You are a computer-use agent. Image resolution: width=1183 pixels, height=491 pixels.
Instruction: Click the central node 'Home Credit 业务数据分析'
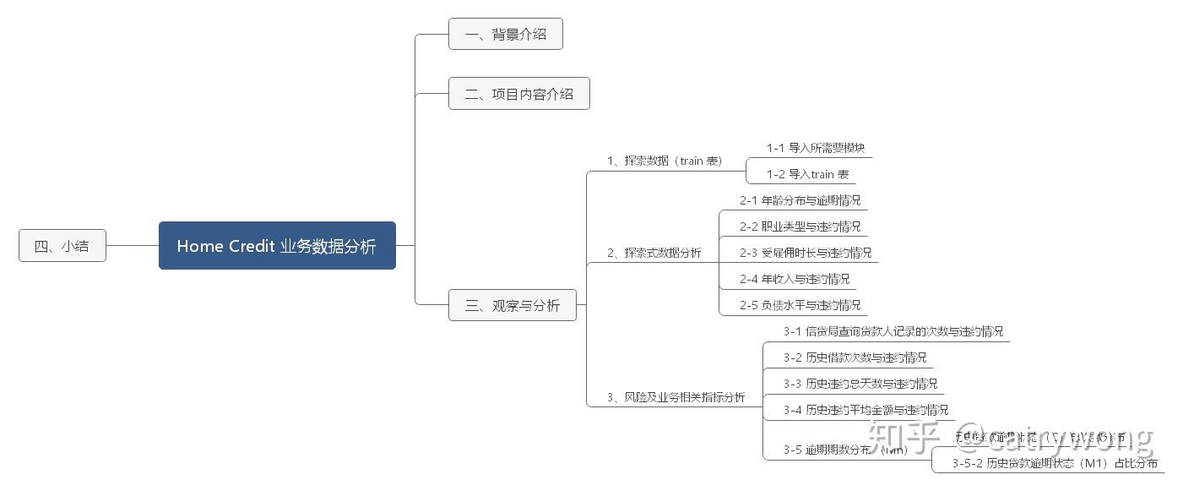click(x=277, y=246)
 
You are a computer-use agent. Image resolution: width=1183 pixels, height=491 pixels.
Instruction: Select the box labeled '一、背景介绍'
click(x=505, y=35)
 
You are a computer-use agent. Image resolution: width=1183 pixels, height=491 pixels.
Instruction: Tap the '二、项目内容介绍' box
click(x=518, y=94)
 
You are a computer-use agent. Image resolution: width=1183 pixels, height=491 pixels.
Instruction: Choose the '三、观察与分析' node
click(x=512, y=306)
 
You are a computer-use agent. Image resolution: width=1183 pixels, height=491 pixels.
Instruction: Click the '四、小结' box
click(x=62, y=247)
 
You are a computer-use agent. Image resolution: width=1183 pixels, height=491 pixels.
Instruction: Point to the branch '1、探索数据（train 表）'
click(x=665, y=161)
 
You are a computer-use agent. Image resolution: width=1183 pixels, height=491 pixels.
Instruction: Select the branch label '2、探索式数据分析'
click(x=654, y=253)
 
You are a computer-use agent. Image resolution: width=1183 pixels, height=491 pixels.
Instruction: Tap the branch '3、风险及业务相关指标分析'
click(x=676, y=397)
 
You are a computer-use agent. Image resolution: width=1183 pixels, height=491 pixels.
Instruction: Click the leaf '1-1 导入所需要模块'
click(x=815, y=148)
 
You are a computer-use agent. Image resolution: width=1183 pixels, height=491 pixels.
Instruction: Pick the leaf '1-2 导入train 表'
click(x=807, y=174)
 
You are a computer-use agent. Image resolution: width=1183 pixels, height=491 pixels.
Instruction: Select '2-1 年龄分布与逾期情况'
click(x=800, y=200)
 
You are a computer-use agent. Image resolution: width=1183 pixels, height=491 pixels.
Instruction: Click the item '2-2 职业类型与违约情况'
click(x=800, y=226)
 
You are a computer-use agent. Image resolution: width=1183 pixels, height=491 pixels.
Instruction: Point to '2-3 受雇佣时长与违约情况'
click(x=806, y=253)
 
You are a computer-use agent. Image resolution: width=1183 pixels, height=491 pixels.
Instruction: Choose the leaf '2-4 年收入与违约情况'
click(x=795, y=279)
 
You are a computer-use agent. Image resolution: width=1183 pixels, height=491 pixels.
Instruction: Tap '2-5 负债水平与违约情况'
click(x=800, y=305)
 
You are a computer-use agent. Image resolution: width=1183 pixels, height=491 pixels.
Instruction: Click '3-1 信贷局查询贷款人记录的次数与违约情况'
click(x=893, y=331)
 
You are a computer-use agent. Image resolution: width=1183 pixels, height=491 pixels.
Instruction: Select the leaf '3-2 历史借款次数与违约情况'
click(x=855, y=357)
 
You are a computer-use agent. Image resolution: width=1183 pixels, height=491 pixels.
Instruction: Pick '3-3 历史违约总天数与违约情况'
click(x=860, y=384)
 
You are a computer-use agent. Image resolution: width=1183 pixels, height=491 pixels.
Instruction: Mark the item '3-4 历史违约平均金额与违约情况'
click(x=866, y=410)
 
